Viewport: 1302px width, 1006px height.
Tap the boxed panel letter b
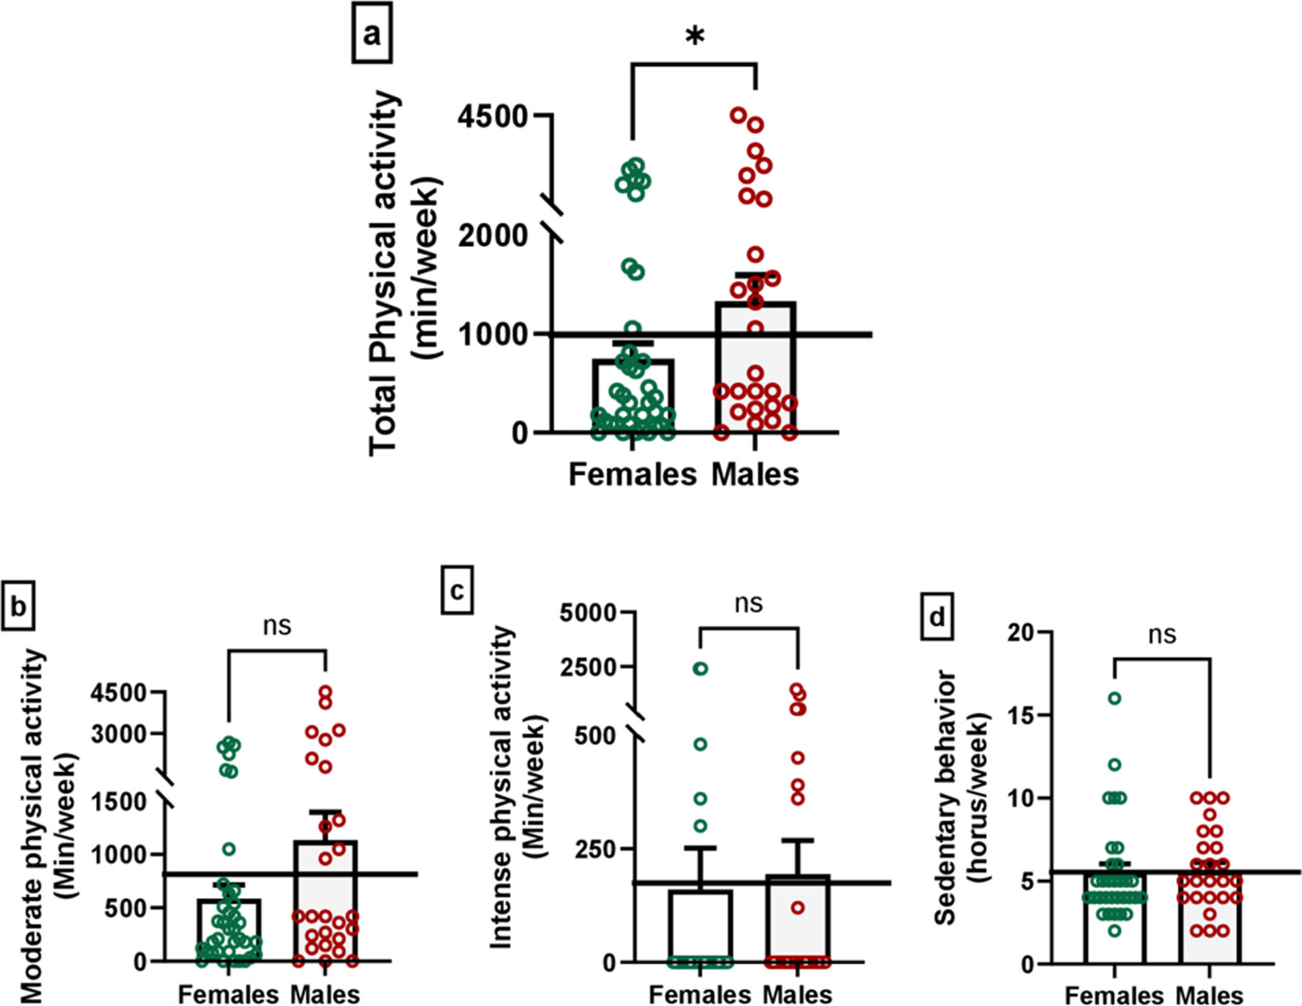click(x=17, y=606)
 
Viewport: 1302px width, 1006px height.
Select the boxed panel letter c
click(x=457, y=591)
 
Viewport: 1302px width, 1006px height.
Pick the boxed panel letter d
click(x=937, y=617)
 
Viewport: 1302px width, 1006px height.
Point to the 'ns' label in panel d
click(x=1162, y=635)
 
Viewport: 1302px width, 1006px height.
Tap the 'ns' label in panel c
click(x=748, y=603)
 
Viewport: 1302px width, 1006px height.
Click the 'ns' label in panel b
click(x=277, y=625)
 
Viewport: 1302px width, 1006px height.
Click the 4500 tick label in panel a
click(x=493, y=116)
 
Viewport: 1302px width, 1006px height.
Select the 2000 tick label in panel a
click(x=493, y=235)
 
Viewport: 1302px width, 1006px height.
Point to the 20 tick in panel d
click(x=1021, y=633)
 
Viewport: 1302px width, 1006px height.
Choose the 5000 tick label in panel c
click(x=588, y=613)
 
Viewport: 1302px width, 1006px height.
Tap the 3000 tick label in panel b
click(x=119, y=734)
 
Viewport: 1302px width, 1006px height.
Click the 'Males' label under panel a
click(x=755, y=475)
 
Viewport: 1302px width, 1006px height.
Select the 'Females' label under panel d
click(x=1114, y=995)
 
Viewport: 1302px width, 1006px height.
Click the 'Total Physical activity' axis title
click(x=383, y=273)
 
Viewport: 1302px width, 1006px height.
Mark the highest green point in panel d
click(x=1115, y=698)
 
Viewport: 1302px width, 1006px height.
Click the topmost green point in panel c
click(x=700, y=669)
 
